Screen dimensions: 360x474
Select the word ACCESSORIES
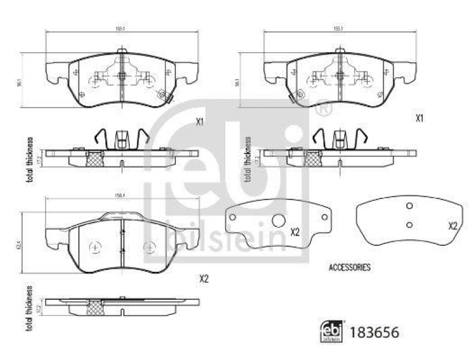point(350,268)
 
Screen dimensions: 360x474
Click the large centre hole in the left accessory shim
point(278,221)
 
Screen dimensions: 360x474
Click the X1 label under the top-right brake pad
point(419,118)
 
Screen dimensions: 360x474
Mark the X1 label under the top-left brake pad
point(200,123)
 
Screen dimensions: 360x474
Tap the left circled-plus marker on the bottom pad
point(93,246)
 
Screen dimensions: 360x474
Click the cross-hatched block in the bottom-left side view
point(95,307)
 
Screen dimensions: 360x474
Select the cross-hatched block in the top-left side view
point(95,159)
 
